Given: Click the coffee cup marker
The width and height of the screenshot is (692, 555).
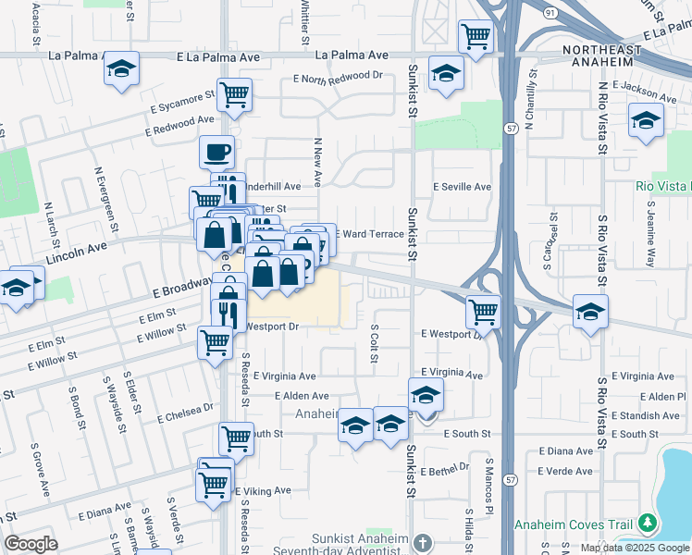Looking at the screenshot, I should click(216, 152).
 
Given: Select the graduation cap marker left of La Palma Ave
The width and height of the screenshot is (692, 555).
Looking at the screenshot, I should click(119, 70).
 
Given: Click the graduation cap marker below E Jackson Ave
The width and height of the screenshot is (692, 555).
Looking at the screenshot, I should click(646, 120).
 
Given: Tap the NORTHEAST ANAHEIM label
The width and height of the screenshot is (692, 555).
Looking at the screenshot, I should click(601, 54).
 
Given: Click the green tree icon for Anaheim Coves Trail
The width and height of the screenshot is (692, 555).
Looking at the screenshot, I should click(649, 524).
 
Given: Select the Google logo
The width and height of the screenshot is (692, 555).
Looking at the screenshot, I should click(31, 544).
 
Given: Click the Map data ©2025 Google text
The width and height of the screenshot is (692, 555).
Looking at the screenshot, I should click(635, 548).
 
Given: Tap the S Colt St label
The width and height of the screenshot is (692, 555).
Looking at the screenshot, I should click(375, 343).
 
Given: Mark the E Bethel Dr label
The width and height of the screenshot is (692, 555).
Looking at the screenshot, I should click(447, 471).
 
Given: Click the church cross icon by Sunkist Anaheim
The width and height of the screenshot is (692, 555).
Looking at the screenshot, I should click(422, 542).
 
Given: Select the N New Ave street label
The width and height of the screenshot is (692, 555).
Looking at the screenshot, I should click(317, 159).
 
